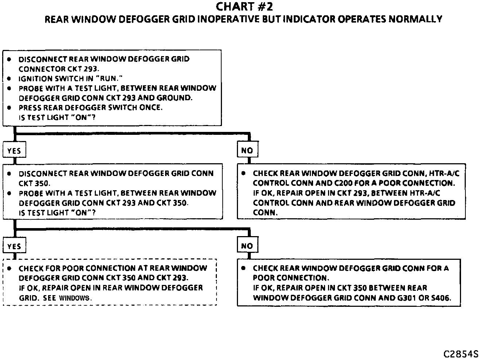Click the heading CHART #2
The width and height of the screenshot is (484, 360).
244,7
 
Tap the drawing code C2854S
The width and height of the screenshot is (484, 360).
461,354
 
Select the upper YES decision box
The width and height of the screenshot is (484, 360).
14,150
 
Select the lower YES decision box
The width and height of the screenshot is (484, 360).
14,246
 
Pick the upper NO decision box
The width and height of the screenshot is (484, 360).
247,150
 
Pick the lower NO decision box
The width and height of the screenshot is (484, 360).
247,246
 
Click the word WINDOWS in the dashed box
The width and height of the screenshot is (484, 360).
74,298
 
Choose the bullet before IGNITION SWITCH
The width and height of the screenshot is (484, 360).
9,78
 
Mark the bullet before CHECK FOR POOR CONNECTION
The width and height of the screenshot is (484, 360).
9,268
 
